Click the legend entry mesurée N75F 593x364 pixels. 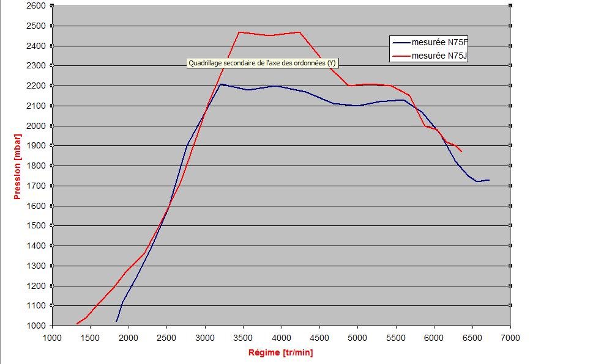[x=439, y=42]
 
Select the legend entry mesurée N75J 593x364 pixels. [x=439, y=56]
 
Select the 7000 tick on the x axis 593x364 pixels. [x=510, y=337]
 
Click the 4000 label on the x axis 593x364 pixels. [x=282, y=337]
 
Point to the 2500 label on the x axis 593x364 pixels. [x=166, y=337]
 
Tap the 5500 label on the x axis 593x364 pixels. [x=396, y=337]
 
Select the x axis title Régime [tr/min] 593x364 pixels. [x=280, y=352]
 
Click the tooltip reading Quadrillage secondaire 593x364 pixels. [x=262, y=63]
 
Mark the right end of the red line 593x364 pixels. [x=461, y=151]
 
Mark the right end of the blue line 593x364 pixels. [x=489, y=180]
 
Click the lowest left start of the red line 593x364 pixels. [x=77, y=324]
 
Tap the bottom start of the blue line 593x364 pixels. [x=116, y=321]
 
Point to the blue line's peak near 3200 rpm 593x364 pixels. [x=221, y=84]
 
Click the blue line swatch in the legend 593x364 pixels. [x=401, y=42]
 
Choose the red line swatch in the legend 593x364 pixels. [x=401, y=56]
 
